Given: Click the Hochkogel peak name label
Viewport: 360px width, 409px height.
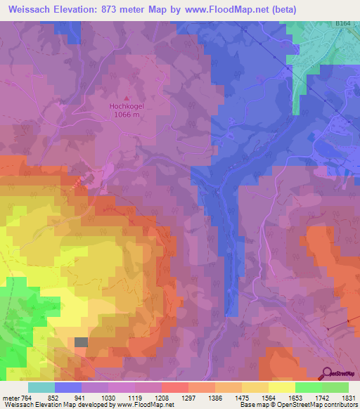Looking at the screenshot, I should pos(127,107).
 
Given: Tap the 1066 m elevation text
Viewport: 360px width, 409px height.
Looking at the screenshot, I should pos(127,115).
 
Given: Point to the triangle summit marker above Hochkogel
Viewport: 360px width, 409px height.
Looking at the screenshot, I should pos(127,99).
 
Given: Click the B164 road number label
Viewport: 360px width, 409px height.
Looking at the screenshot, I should pos(342,23).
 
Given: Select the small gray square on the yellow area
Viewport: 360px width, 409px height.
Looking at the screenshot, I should pos(82,342).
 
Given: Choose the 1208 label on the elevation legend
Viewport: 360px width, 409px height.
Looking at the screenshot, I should pos(162,398).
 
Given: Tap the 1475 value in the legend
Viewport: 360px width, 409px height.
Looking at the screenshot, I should pos(241,398).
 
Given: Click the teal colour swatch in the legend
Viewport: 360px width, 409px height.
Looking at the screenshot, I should pos(41,387).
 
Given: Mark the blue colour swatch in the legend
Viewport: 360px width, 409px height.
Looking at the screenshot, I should pos(68,387).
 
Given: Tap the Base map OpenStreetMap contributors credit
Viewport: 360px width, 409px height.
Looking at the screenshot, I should pos(296,405).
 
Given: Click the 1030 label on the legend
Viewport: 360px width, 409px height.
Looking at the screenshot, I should pos(108,398).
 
